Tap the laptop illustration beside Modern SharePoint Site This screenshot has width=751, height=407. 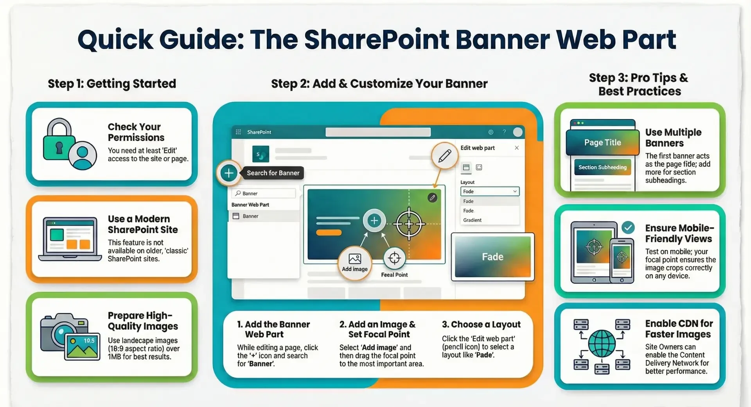click(70, 239)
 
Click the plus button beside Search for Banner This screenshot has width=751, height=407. click(229, 173)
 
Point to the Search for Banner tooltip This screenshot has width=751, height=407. click(273, 173)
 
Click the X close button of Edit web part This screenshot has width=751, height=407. click(517, 148)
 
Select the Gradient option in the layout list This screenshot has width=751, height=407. click(472, 220)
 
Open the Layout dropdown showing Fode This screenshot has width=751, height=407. click(490, 191)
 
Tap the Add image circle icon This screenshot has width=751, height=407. click(355, 262)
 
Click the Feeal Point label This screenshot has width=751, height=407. click(394, 275)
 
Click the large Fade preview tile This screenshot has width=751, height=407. click(492, 257)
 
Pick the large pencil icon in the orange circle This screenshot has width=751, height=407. click(445, 156)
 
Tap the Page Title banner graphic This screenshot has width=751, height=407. click(602, 142)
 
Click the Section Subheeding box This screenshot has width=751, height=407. click(602, 167)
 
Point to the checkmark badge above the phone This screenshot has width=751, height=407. click(628, 227)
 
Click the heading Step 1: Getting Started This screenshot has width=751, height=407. click(112, 84)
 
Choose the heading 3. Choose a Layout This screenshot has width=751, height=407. click(481, 324)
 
